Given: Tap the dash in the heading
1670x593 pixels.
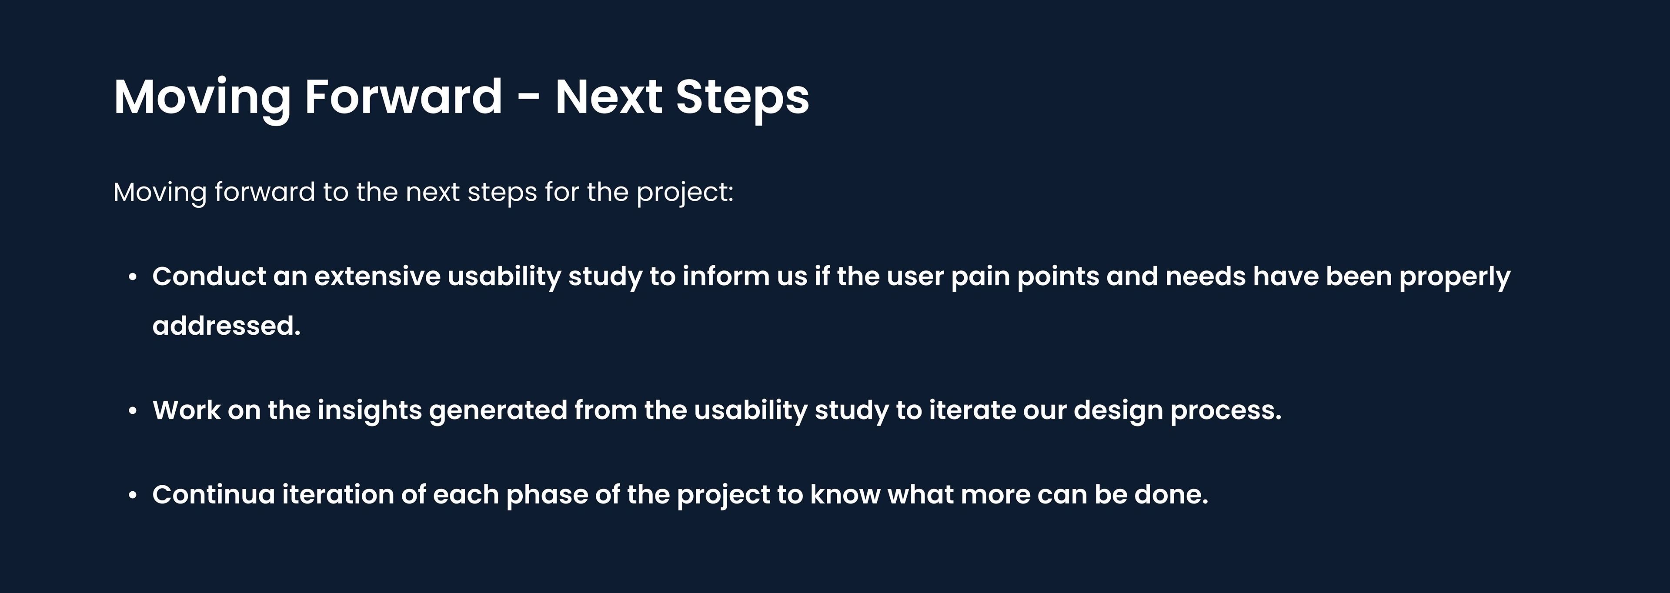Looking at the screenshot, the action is click(529, 100).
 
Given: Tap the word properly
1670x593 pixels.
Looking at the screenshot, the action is click(1455, 277).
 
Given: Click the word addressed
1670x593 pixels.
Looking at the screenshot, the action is click(226, 325).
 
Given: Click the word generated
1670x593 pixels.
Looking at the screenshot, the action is click(498, 411).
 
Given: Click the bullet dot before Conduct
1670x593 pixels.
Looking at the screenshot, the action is click(133, 277).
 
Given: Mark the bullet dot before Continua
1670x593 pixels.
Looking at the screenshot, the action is click(133, 496).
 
